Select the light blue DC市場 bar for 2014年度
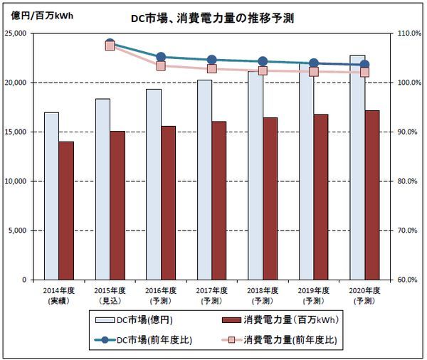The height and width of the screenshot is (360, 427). pos(51,196)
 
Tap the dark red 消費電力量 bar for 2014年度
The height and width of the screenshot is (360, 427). pos(66,211)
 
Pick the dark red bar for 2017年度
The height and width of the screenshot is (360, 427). pos(219,201)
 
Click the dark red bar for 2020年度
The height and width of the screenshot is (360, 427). pos(372,195)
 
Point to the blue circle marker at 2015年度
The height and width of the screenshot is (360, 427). pos(110,44)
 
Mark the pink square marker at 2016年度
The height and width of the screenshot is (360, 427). pos(161,65)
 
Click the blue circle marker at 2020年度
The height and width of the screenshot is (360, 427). pos(364,65)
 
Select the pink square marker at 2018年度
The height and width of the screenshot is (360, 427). pos(263,70)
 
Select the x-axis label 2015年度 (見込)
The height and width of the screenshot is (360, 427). pos(110,295)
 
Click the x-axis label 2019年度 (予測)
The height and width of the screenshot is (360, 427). pos(314,295)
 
